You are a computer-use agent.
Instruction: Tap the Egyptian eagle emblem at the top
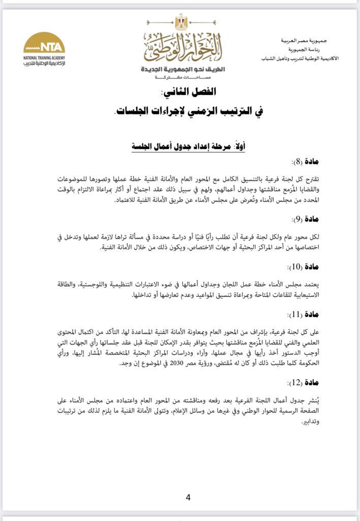[x=181, y=22]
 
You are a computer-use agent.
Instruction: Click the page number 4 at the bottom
[x=188, y=498]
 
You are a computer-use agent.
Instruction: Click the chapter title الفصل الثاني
[x=189, y=92]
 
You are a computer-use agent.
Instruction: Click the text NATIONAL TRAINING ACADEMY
[x=44, y=57]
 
